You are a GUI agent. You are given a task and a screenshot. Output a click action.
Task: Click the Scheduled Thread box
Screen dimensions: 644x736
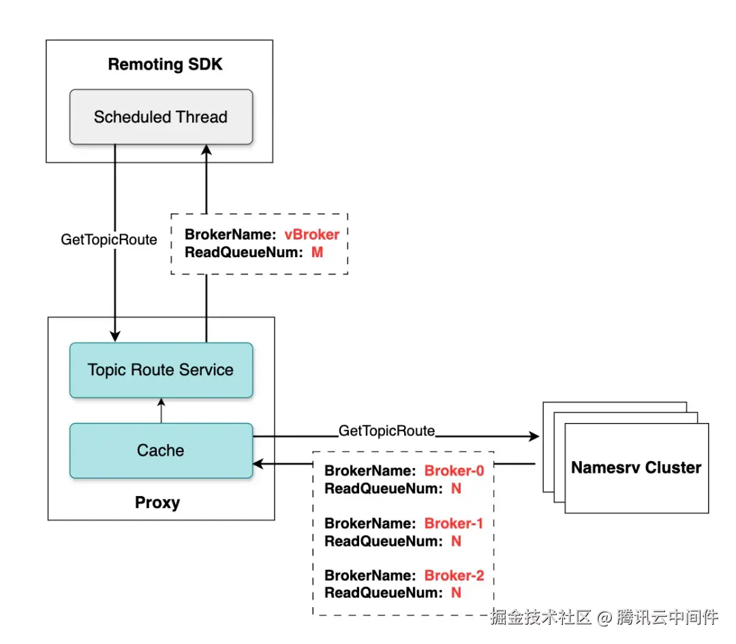(161, 117)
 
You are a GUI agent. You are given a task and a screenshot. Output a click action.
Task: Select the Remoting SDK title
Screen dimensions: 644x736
(165, 65)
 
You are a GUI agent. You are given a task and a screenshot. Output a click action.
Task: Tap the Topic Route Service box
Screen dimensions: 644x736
(161, 370)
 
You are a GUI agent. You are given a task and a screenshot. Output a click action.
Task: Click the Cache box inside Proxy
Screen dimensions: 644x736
(161, 450)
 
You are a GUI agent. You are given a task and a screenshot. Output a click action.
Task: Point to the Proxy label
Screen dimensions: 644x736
(157, 503)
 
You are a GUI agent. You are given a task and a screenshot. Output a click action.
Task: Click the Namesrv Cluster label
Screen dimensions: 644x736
(636, 467)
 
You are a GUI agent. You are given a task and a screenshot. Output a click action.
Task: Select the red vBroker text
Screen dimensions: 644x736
(311, 234)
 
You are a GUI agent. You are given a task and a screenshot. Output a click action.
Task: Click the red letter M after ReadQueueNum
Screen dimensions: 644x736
(317, 252)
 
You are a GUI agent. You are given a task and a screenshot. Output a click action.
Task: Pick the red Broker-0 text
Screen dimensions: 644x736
(454, 471)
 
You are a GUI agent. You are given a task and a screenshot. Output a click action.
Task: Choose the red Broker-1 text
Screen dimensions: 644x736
(454, 523)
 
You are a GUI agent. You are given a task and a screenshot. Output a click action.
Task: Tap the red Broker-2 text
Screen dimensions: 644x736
(454, 575)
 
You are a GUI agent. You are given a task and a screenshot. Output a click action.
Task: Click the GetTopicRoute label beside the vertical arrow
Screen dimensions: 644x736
(109, 239)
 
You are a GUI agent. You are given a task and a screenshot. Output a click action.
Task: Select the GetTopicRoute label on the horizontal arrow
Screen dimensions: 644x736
(386, 430)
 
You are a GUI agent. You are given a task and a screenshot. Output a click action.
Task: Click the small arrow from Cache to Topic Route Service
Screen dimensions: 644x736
(161, 410)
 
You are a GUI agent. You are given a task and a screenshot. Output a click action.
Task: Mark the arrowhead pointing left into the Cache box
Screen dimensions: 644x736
(258, 465)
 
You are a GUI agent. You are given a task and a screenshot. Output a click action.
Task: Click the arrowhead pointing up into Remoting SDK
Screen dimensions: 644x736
(206, 151)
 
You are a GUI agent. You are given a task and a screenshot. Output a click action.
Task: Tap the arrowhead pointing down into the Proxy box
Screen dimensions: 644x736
(115, 336)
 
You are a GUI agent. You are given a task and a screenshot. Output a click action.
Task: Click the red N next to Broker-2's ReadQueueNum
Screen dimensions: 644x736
(456, 593)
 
